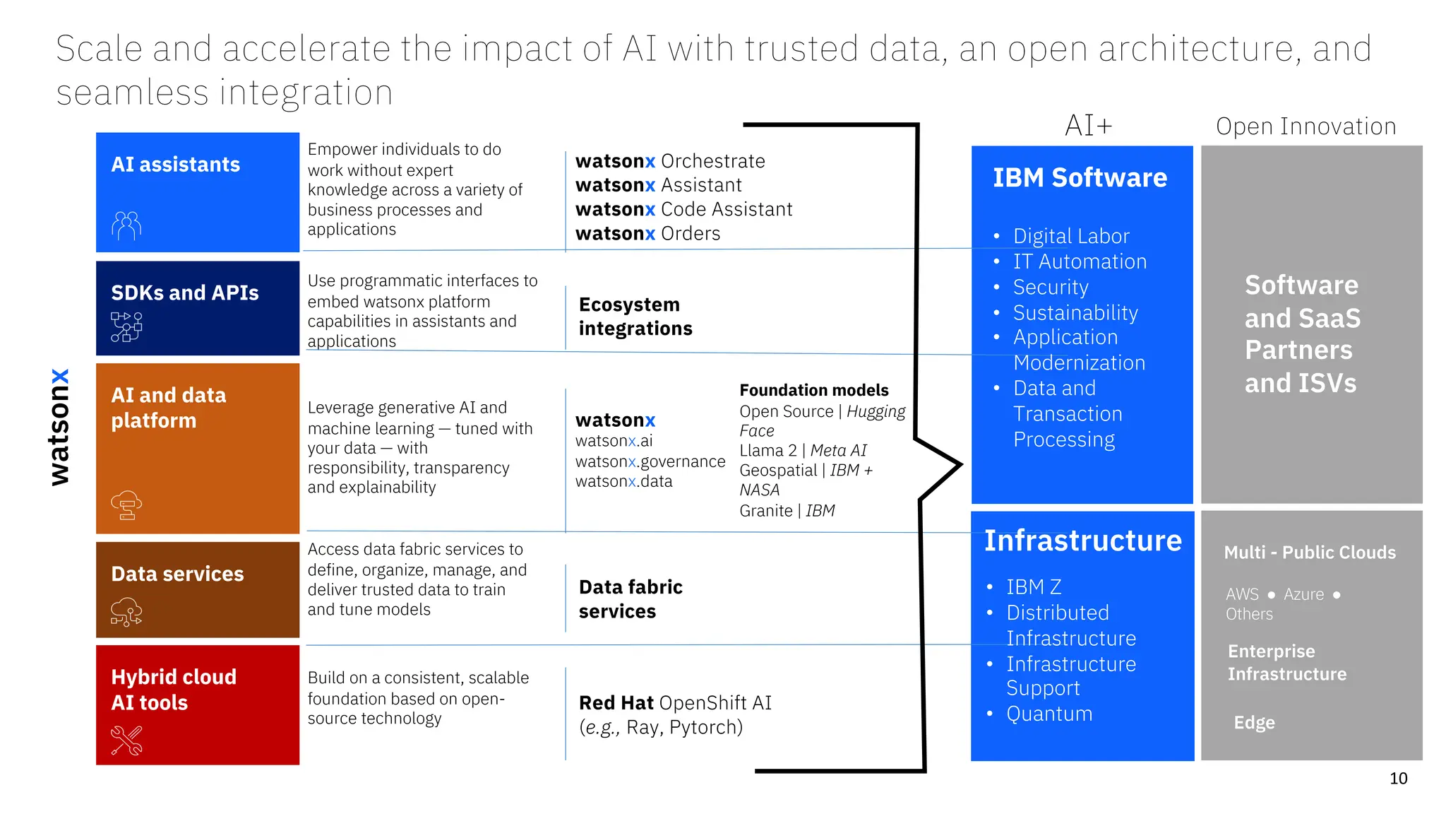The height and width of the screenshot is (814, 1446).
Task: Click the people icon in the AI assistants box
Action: point(126,226)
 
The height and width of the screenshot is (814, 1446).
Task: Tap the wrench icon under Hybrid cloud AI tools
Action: point(127,741)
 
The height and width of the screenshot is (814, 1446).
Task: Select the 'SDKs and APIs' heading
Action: point(185,293)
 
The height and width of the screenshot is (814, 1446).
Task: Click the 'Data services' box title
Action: point(177,574)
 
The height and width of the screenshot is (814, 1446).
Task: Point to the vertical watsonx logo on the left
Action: point(60,427)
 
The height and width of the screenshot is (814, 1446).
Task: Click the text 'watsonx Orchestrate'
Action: point(670,161)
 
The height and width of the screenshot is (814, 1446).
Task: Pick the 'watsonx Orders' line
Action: point(647,233)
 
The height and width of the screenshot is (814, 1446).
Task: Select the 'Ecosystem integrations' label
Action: point(635,317)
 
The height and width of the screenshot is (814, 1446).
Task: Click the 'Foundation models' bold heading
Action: point(813,390)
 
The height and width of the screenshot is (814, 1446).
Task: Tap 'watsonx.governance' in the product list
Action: point(650,461)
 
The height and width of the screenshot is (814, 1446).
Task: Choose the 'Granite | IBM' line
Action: point(787,510)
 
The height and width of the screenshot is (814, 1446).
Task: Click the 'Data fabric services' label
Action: point(631,599)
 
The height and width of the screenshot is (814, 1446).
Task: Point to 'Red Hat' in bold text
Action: point(616,702)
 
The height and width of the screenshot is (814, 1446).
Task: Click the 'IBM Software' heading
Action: point(1080,178)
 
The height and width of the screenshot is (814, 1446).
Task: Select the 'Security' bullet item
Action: point(1051,287)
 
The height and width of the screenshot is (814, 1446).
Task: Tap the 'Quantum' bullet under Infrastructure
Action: point(1049,714)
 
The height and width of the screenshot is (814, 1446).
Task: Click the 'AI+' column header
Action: point(1088,126)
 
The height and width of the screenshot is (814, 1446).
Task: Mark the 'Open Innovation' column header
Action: point(1305,126)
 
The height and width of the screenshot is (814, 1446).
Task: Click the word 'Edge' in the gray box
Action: point(1254,722)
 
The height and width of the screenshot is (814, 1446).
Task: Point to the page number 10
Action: point(1398,779)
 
